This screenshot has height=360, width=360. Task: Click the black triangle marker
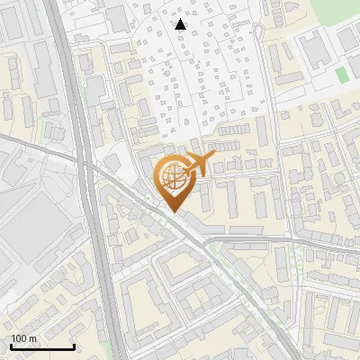click(181, 24)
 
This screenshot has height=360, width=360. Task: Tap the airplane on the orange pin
click(196, 165)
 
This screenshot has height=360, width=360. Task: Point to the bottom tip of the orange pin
click(171, 212)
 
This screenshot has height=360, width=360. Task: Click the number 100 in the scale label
click(19, 338)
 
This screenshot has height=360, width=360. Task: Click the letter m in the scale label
click(32, 338)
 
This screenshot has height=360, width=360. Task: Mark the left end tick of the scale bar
click(10, 346)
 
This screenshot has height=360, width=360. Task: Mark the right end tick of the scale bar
click(74, 346)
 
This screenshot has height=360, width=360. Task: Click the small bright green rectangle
click(341, 76)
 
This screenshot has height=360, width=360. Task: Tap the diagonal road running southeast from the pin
click(225, 261)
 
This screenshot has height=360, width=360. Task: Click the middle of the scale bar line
click(42, 346)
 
